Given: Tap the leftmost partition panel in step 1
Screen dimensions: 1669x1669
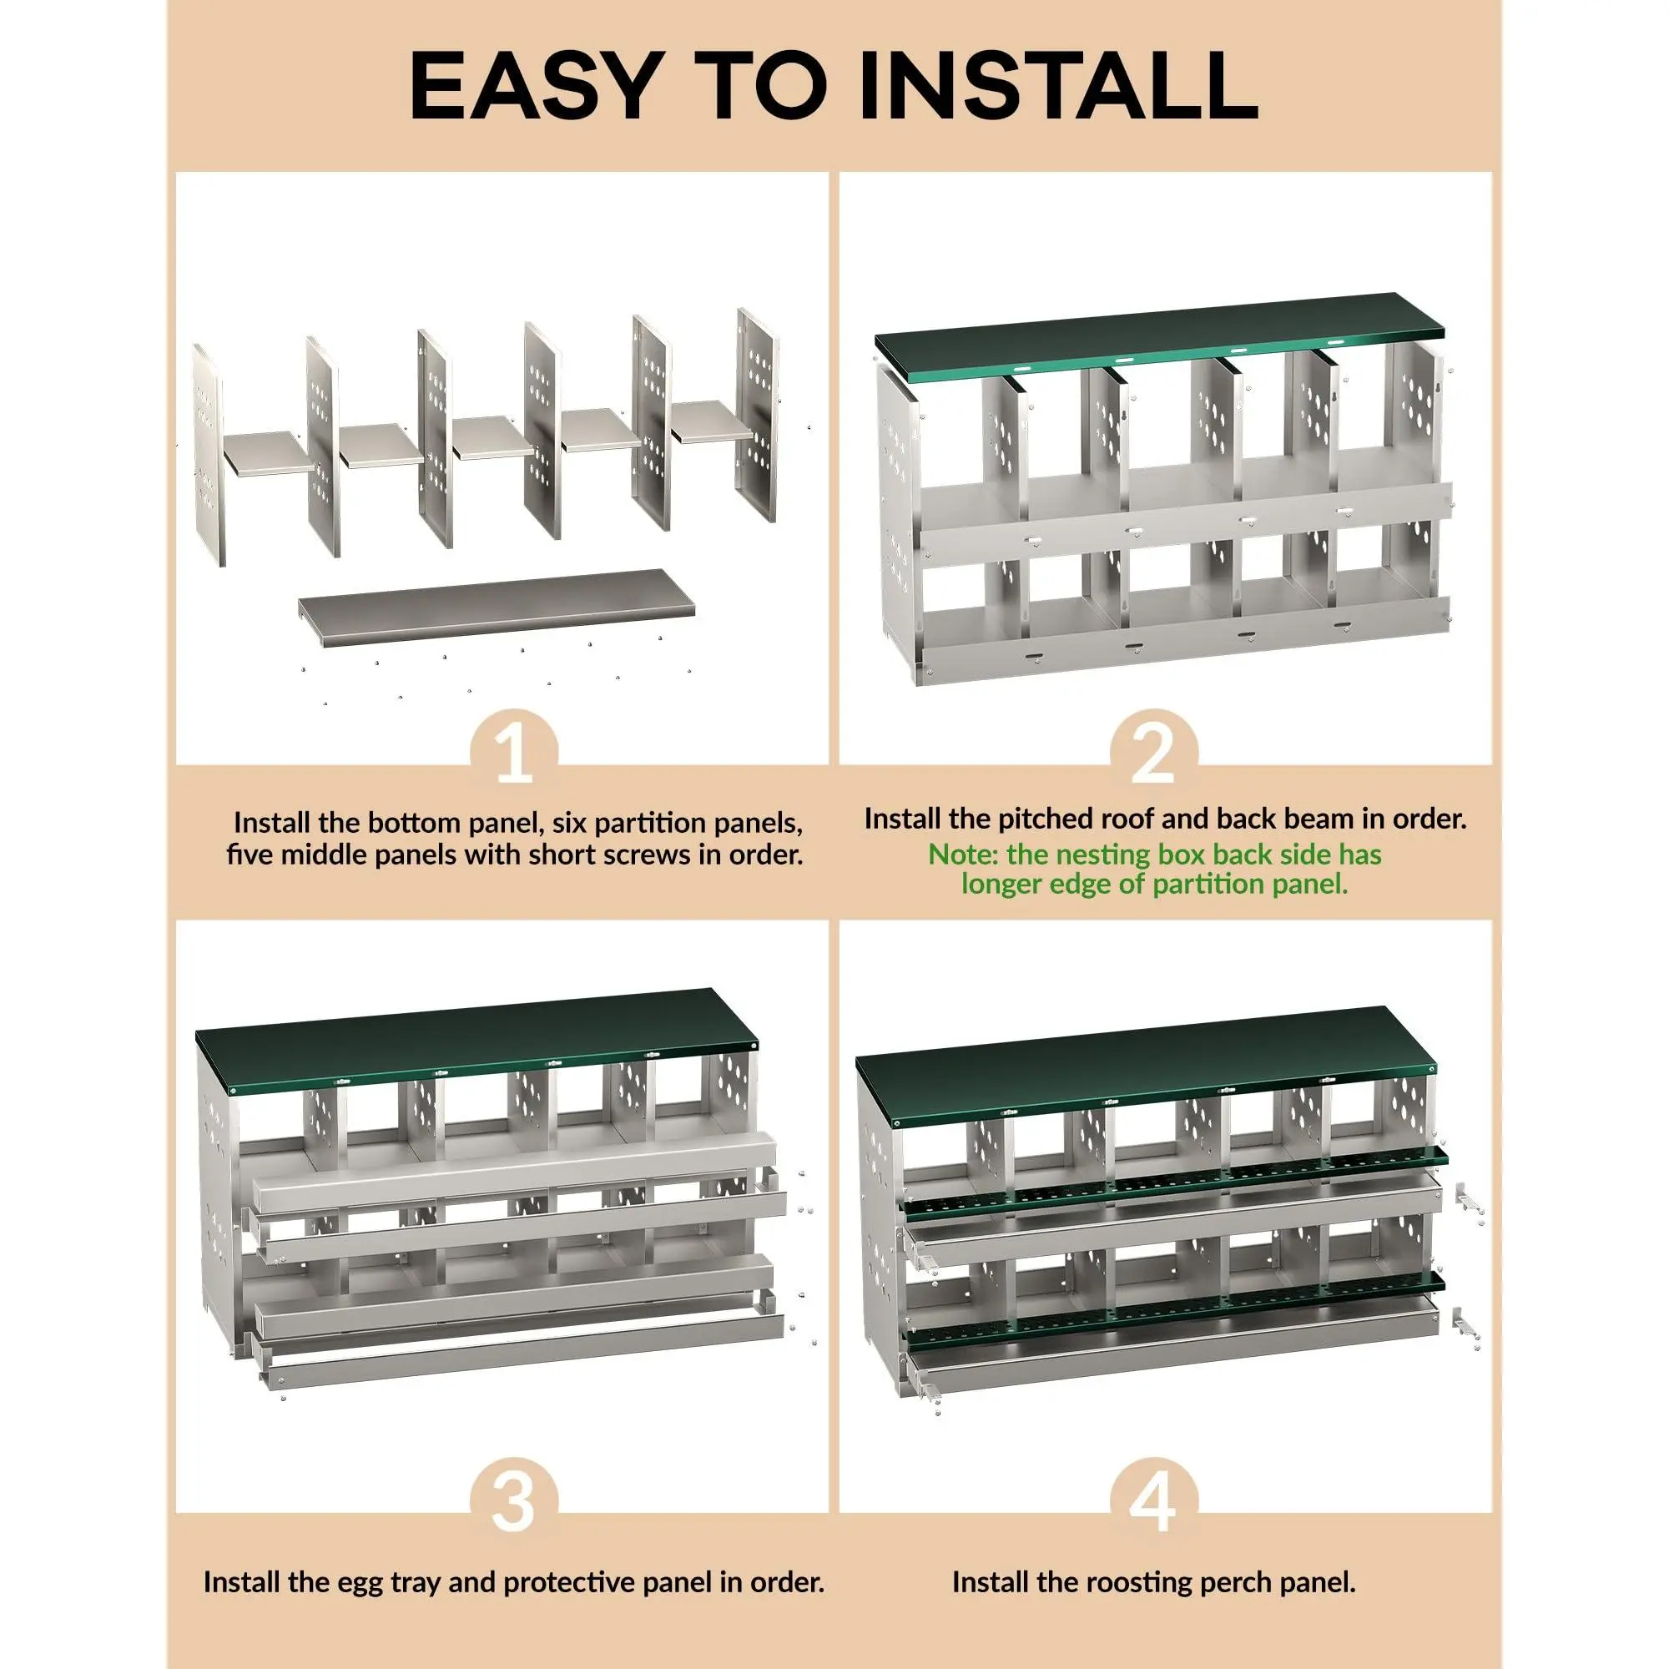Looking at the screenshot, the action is [x=207, y=456].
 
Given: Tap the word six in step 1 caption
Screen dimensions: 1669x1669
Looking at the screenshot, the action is [x=567, y=823].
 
